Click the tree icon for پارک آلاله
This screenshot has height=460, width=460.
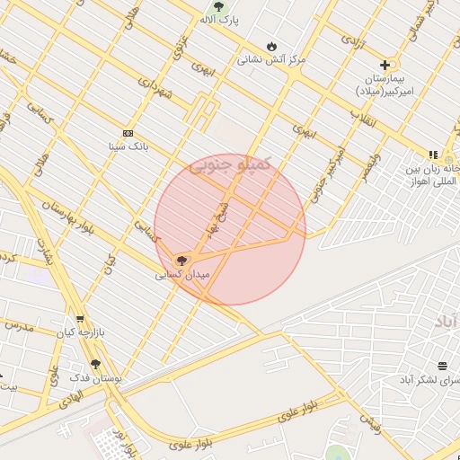[218, 6]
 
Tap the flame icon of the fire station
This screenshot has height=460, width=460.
[271, 46]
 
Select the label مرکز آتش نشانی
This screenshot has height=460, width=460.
[271, 60]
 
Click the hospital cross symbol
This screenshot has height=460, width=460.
[385, 65]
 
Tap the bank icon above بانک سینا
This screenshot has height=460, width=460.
[127, 132]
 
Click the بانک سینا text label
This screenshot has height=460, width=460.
[127, 146]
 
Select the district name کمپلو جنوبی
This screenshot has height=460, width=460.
[229, 165]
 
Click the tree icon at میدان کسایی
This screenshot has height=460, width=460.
[182, 261]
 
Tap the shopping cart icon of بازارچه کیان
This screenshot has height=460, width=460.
[80, 319]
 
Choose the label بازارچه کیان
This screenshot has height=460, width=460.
[82, 333]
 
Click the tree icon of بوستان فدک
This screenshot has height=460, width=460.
[95, 364]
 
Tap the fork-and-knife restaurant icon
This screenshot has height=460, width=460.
[433, 154]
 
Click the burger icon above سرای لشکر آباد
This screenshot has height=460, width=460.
[441, 366]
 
